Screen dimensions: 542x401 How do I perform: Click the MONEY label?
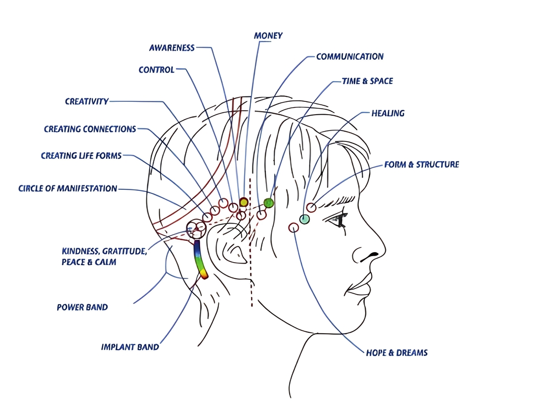point(268,36)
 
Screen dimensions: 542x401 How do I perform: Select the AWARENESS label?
point(172,48)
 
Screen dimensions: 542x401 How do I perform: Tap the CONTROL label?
point(157,70)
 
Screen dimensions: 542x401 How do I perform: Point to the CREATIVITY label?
point(87,101)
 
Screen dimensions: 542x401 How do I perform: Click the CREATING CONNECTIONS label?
point(90,129)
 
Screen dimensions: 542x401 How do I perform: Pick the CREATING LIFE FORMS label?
point(81,156)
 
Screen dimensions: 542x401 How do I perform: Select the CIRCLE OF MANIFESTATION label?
point(68,188)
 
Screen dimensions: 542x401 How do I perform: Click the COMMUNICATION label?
point(350,57)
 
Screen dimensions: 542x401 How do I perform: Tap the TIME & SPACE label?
point(368,81)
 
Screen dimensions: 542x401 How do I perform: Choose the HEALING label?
point(388,114)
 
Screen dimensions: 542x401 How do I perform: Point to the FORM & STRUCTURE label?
point(422,164)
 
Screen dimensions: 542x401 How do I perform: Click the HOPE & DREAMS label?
point(397,353)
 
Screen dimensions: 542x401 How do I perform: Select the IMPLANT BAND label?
point(130,347)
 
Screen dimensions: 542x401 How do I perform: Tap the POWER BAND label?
point(83,307)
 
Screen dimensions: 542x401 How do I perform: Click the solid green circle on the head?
point(269,203)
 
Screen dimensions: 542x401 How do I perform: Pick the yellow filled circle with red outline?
point(244,202)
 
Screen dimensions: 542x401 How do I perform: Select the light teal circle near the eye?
point(304,219)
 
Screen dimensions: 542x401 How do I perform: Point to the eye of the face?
point(336,220)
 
